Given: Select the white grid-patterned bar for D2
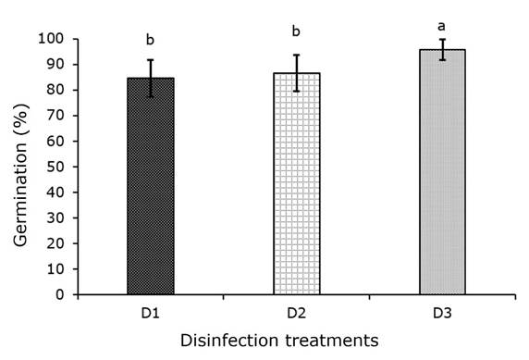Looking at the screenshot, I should point(297,185).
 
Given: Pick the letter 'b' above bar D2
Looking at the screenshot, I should point(297,32).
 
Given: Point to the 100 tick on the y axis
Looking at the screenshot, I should point(56,39).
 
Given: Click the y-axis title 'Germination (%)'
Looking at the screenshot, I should point(21,167).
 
